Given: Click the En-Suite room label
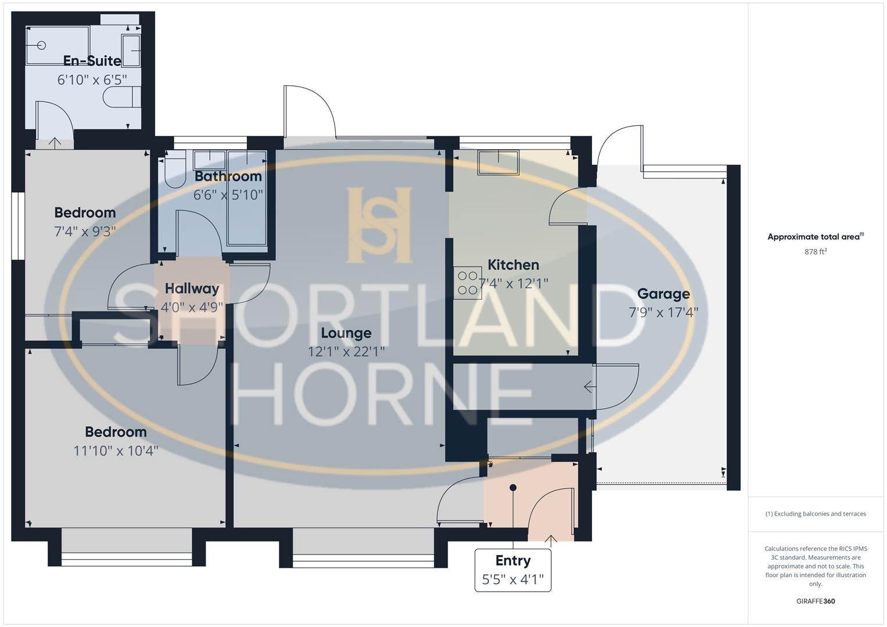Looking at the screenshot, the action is (x=92, y=60).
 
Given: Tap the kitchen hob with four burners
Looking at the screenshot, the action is (x=468, y=283).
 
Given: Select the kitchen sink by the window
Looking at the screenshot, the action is (x=498, y=163).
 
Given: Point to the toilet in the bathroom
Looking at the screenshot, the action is (x=175, y=169).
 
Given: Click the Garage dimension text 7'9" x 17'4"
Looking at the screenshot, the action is (x=663, y=313).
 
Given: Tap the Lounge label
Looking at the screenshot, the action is (x=346, y=333).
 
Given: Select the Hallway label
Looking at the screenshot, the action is (x=192, y=289).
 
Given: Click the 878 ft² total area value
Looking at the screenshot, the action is (x=816, y=251).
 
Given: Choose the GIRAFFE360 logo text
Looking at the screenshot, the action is (x=816, y=601).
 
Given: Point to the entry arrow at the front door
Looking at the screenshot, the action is (x=551, y=539).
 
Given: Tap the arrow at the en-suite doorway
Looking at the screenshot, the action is (x=55, y=142).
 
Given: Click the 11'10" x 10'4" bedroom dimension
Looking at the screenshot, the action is (x=116, y=451).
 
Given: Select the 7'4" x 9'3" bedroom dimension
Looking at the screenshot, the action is (x=85, y=231).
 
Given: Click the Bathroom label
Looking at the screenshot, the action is (x=228, y=176).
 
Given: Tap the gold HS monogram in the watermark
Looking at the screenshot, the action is (x=379, y=225).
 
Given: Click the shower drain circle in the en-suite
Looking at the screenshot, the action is (x=41, y=45).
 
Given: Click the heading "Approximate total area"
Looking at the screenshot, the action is (x=813, y=237).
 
